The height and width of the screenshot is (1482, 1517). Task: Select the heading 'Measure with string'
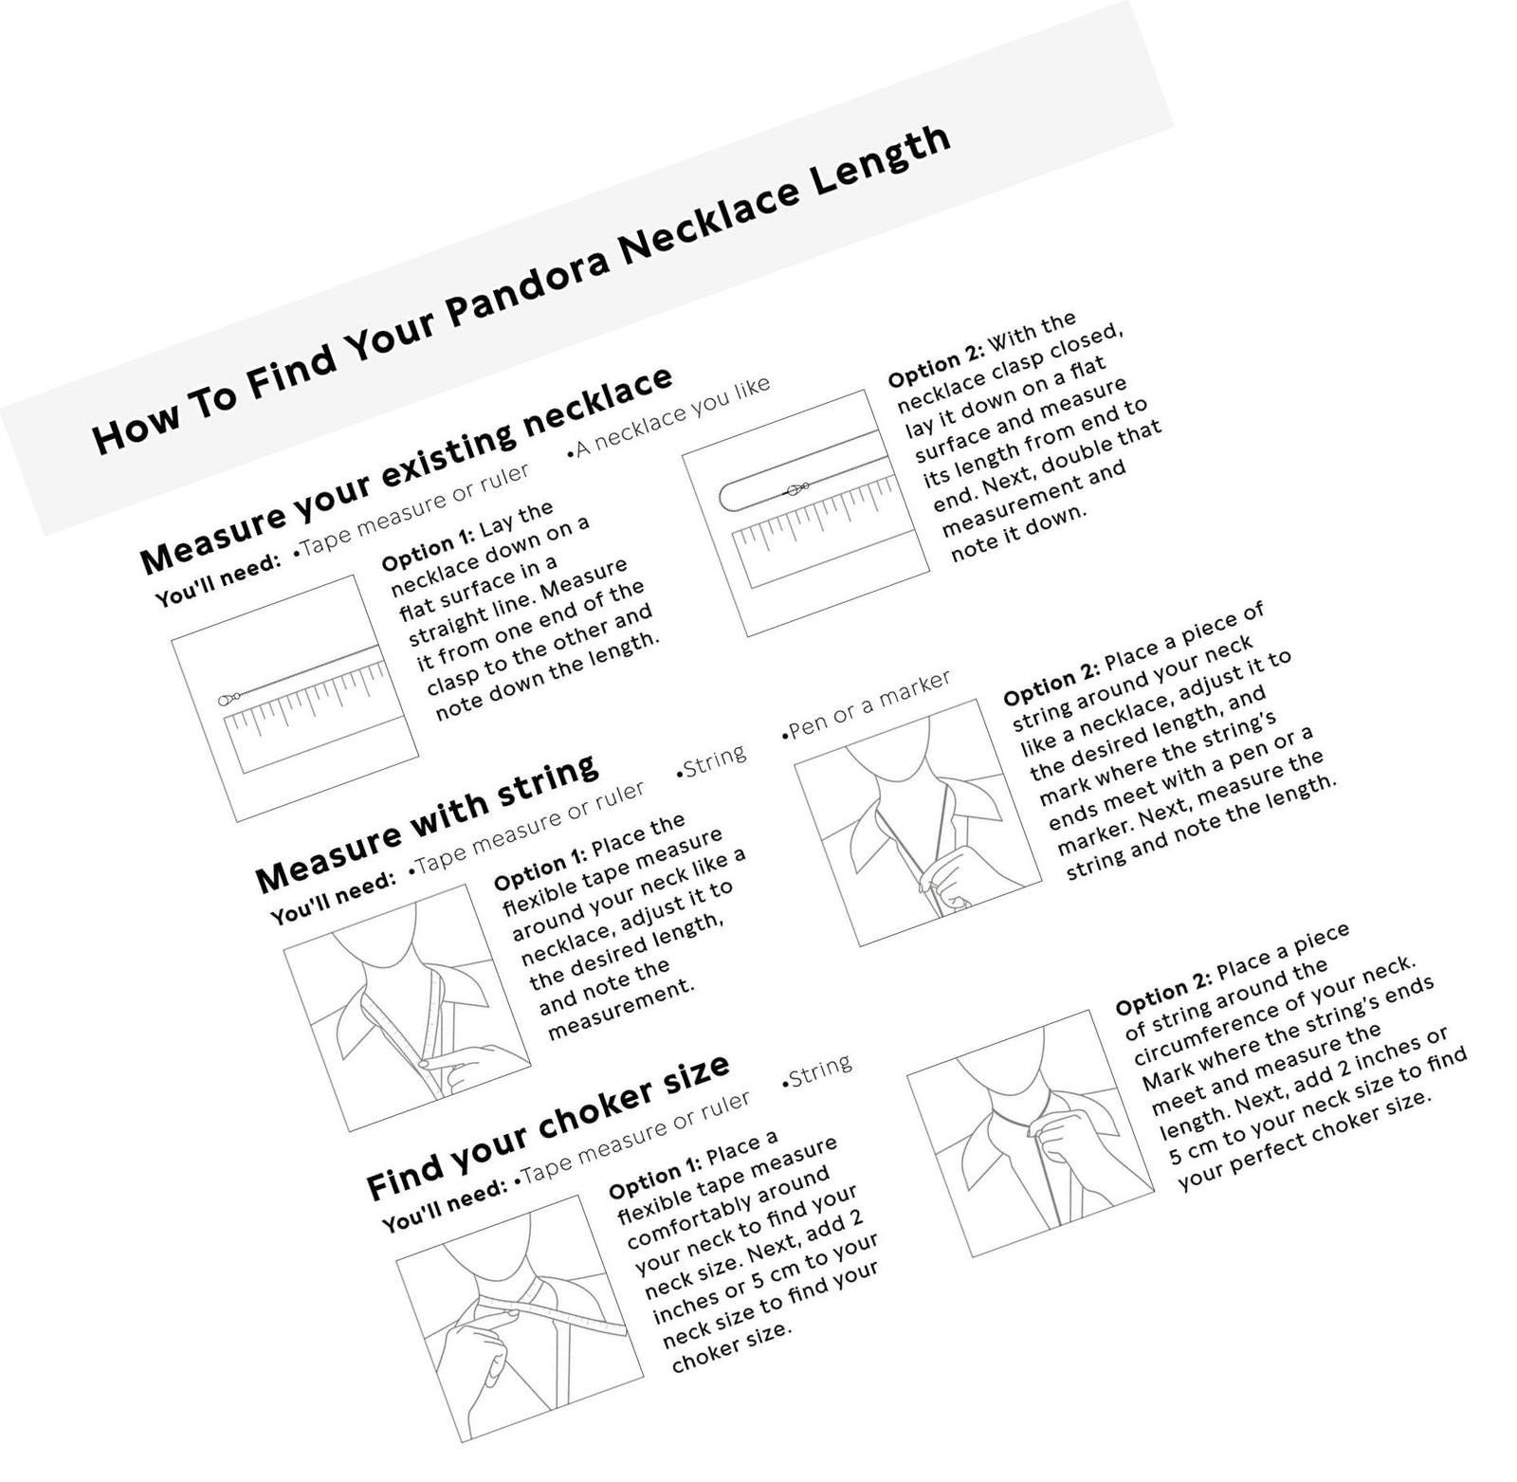point(428,824)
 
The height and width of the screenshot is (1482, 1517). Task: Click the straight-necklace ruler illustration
point(295,698)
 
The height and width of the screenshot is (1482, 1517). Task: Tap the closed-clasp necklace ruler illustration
point(806,513)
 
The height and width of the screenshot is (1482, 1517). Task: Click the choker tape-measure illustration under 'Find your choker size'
point(520,1318)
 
